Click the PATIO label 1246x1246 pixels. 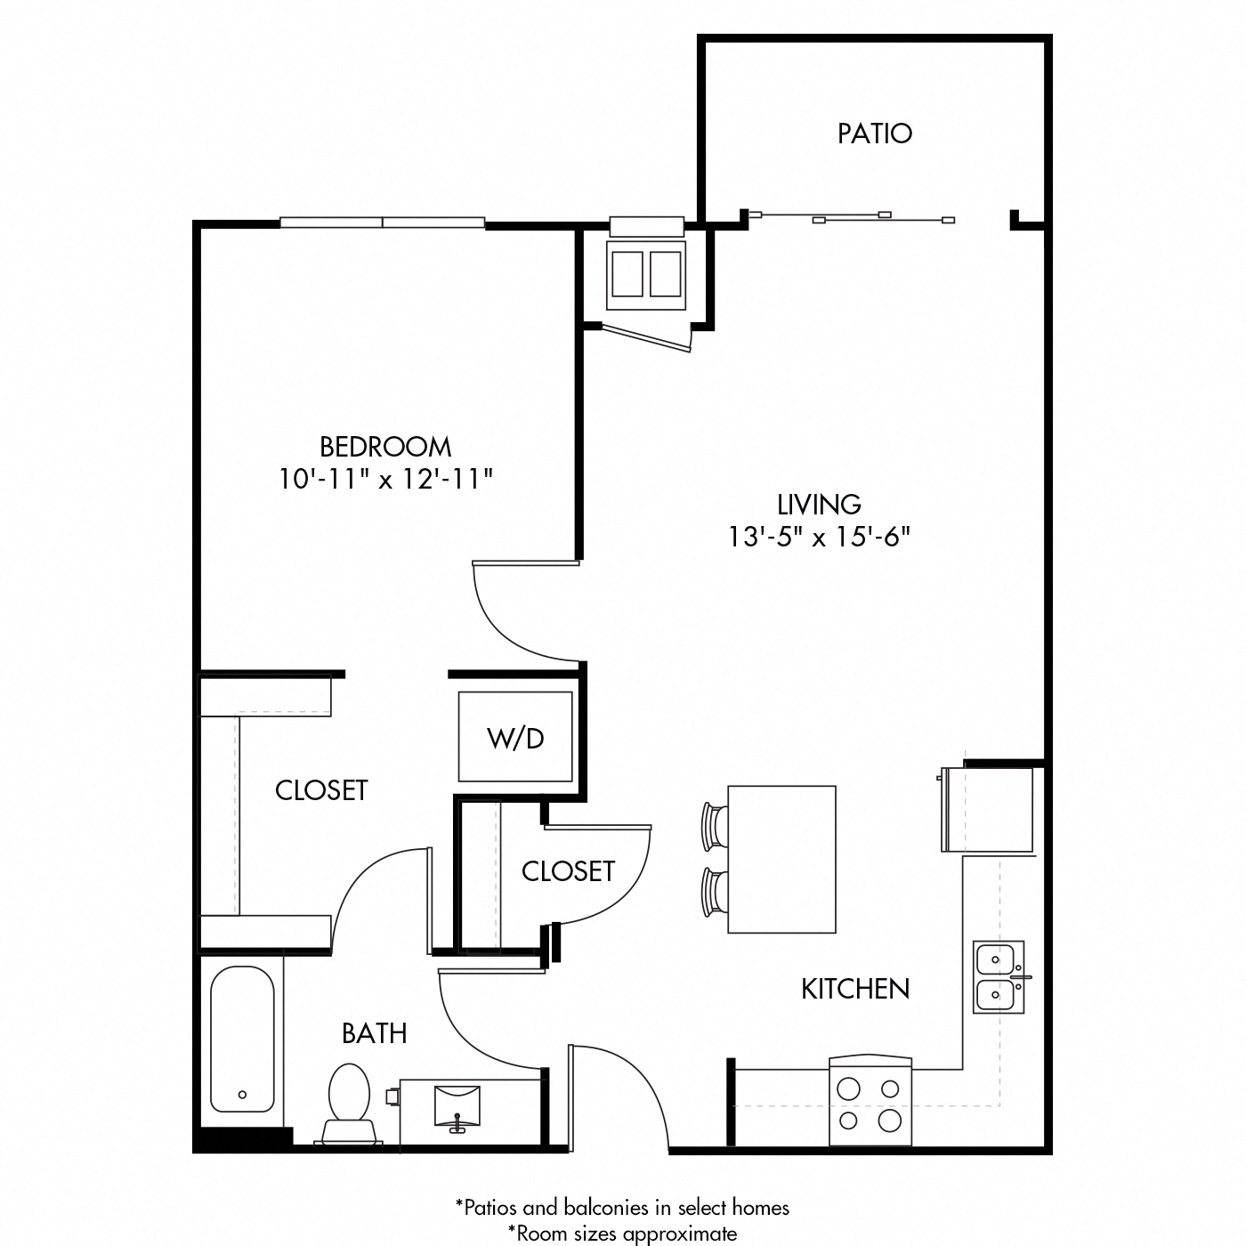tap(874, 133)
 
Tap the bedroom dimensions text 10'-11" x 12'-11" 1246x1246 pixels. tap(385, 480)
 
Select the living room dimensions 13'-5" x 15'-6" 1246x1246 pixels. tap(819, 538)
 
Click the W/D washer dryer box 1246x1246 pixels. tap(515, 737)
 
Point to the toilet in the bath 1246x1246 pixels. tap(349, 1102)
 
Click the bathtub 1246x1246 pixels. tap(242, 1040)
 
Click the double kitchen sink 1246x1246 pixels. tap(999, 976)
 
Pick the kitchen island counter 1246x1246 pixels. tap(781, 859)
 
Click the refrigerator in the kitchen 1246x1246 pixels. tap(988, 808)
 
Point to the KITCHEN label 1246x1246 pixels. tap(854, 989)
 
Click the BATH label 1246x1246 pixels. tap(375, 1033)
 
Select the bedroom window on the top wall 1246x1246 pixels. tap(383, 222)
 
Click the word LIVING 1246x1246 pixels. tap(819, 505)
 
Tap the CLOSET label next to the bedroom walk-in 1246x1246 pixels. tap(321, 789)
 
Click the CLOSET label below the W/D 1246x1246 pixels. tap(568, 870)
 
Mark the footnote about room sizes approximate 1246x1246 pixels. tap(622, 1233)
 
